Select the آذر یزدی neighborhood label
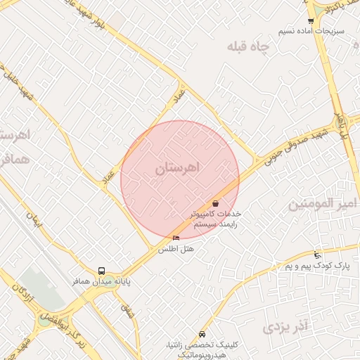point(285,327)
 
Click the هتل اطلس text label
point(175,249)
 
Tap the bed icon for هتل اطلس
point(176,238)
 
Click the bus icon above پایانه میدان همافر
point(102,271)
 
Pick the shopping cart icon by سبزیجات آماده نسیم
point(311,22)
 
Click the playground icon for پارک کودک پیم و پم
point(317,255)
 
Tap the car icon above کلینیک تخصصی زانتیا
point(202,333)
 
